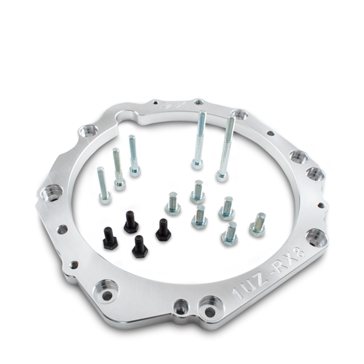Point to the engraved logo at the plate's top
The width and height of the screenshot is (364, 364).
[176, 105]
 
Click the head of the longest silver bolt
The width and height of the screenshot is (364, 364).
[222, 176]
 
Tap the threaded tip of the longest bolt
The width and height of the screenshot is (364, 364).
[232, 118]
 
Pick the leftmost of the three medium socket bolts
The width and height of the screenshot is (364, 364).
[103, 186]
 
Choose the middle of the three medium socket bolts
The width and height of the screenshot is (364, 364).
[119, 169]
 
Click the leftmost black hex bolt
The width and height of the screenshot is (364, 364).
[110, 238]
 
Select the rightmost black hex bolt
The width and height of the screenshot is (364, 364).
[164, 229]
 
